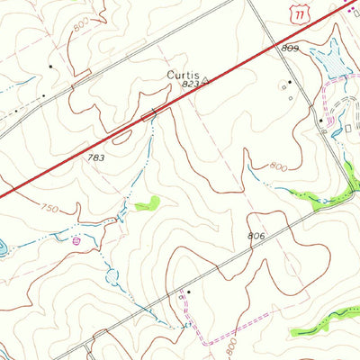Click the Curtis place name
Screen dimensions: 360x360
(182, 73)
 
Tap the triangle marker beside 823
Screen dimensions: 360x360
(205, 81)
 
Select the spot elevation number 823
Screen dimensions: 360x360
(188, 84)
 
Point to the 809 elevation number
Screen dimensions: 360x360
(289, 47)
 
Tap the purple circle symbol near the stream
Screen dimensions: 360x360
(76, 240)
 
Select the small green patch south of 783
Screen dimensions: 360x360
(147, 204)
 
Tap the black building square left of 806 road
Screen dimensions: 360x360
(189, 292)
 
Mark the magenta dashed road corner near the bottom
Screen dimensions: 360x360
(209, 342)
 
